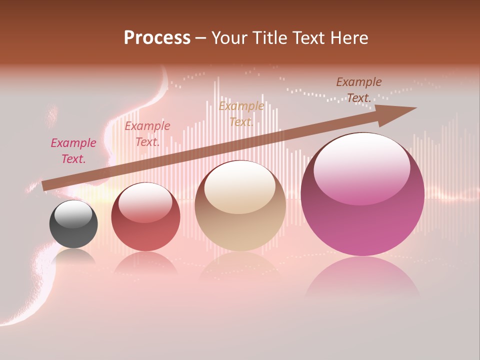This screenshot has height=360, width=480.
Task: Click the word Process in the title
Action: pos(157,38)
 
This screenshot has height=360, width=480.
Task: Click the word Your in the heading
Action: pos(231,38)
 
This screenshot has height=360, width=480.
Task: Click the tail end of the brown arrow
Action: pos(46,185)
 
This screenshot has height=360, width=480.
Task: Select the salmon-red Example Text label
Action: pos(147,134)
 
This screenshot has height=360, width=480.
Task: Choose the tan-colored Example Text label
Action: pos(241,114)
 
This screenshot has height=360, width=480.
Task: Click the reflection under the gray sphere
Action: pos(73,256)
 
